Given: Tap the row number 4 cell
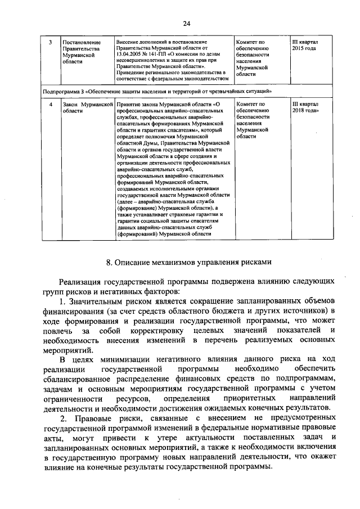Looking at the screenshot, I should (x=51, y=105).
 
